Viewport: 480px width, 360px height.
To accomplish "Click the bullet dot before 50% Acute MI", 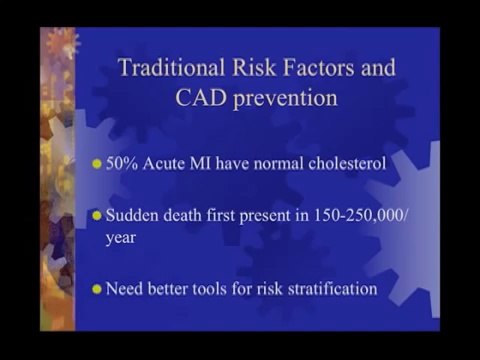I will tap(97, 162).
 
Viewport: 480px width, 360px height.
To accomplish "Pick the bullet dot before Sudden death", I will tap(97, 215).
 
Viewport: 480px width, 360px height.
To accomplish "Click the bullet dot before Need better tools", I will tap(97, 290).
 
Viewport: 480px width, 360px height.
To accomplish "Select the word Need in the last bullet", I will tap(124, 289).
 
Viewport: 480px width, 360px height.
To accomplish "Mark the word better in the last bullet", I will tap(167, 289).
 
